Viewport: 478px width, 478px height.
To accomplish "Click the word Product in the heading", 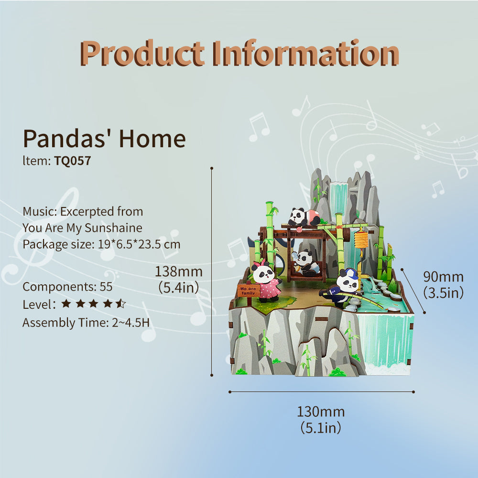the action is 142,53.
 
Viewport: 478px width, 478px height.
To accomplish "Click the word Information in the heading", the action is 306,53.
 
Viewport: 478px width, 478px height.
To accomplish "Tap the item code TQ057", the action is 73,161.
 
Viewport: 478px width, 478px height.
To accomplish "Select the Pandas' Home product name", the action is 104,139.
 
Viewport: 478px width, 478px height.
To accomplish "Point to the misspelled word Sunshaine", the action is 113,228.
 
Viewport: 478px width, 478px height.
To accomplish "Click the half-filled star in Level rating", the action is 121,304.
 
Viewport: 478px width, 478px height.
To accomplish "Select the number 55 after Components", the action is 106,287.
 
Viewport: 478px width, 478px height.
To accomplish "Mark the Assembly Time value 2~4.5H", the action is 131,323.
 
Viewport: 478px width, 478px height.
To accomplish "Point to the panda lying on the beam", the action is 304,217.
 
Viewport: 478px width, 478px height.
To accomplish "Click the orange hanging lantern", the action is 361,239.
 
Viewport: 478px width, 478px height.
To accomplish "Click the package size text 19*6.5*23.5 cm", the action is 139,244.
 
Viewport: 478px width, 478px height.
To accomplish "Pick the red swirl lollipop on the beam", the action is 299,229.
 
